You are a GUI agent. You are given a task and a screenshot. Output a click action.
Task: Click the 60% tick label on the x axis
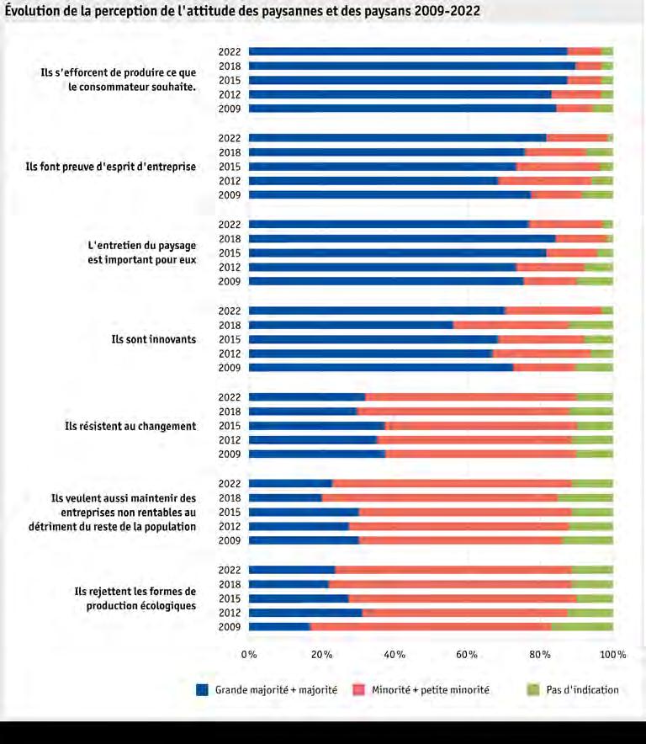pyautogui.click(x=466, y=654)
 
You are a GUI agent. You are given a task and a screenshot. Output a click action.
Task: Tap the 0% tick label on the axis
pyautogui.click(x=249, y=654)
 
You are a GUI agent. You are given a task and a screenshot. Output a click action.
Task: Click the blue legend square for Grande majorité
pyautogui.click(x=202, y=689)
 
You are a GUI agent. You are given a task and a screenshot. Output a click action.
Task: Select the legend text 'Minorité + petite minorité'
pyautogui.click(x=430, y=689)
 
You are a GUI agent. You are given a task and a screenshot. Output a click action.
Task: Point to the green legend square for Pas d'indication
pyautogui.click(x=533, y=689)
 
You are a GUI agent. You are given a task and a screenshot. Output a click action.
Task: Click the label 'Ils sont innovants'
pyautogui.click(x=154, y=339)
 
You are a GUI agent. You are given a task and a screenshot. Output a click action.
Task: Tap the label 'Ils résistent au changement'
pyautogui.click(x=130, y=426)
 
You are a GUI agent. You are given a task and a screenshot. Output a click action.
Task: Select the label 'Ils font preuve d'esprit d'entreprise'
pyautogui.click(x=110, y=167)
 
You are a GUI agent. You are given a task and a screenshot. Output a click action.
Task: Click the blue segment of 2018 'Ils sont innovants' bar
pyautogui.click(x=351, y=325)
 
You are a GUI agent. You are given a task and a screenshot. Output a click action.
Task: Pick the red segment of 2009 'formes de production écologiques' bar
pyautogui.click(x=431, y=627)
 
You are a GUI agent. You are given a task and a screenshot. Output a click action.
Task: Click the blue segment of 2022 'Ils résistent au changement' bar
pyautogui.click(x=307, y=397)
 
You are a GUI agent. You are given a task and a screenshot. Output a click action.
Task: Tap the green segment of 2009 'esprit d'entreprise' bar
pyautogui.click(x=597, y=195)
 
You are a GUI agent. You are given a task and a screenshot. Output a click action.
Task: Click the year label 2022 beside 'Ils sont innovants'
pyautogui.click(x=230, y=311)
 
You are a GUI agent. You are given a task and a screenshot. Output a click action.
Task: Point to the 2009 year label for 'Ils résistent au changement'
pyautogui.click(x=230, y=454)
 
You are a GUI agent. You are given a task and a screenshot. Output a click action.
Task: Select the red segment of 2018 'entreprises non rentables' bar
pyautogui.click(x=440, y=497)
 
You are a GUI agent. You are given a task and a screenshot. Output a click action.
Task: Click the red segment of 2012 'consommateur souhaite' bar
pyautogui.click(x=576, y=94)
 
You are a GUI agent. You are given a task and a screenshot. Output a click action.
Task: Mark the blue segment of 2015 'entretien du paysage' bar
pyautogui.click(x=398, y=252)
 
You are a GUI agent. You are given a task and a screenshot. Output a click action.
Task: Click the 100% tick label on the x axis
pyautogui.click(x=613, y=654)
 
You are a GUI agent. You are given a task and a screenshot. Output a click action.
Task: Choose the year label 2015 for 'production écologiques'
pyautogui.click(x=230, y=598)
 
